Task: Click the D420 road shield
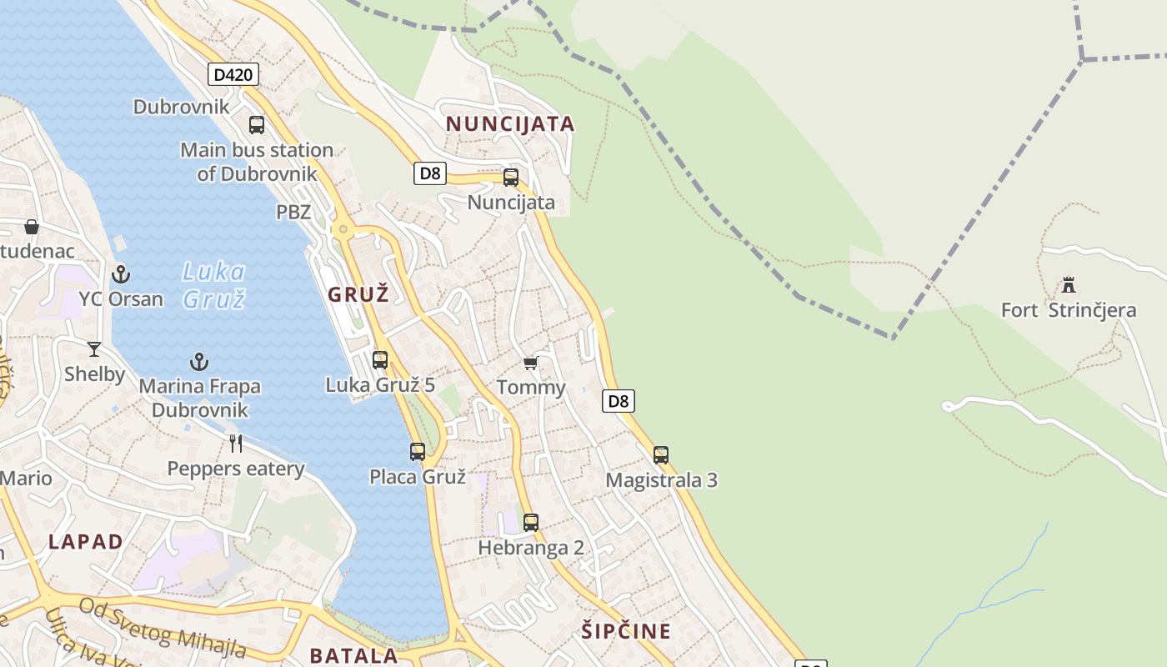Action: (x=233, y=75)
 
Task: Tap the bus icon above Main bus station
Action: (x=257, y=125)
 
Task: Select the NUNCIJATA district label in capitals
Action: (x=510, y=124)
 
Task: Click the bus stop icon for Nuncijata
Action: (x=511, y=178)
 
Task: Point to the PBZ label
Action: (x=293, y=213)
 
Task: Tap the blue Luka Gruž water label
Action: (x=214, y=284)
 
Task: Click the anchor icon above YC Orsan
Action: (x=121, y=273)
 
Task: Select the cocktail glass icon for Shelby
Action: (x=94, y=349)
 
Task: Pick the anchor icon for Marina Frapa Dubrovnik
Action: (x=198, y=362)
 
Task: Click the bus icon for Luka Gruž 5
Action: (x=380, y=360)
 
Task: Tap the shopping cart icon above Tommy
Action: (x=530, y=364)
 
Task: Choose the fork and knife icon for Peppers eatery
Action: (x=236, y=443)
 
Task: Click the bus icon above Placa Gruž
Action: (x=418, y=452)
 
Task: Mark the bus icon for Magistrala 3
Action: (x=661, y=455)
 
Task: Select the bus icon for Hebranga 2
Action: (x=531, y=523)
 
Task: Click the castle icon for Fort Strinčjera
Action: (x=1068, y=286)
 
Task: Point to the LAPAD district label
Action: (x=86, y=541)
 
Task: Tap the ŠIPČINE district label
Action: (x=626, y=631)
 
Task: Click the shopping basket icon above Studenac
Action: (x=32, y=227)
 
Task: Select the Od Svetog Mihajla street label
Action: (x=163, y=627)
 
